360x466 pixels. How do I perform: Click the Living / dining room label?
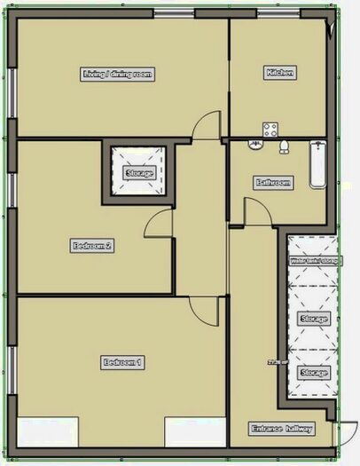point(118,74)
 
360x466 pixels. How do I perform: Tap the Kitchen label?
point(279,72)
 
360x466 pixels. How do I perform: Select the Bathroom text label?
point(273,183)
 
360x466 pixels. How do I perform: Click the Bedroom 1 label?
point(122,362)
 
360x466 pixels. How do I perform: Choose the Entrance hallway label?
point(282,429)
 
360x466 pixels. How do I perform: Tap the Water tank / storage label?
point(314,262)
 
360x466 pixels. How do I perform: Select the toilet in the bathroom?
point(285,146)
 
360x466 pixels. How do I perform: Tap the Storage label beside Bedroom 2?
point(140,172)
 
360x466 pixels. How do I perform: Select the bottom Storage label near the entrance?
point(314,374)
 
